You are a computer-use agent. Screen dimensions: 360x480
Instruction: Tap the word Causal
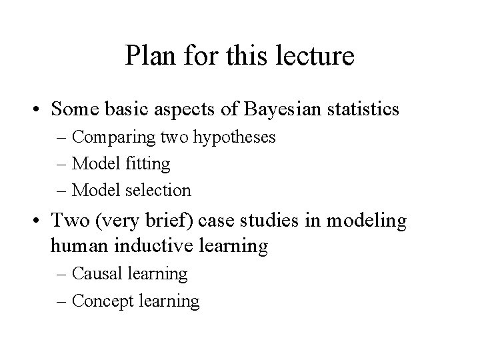(x=94, y=273)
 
